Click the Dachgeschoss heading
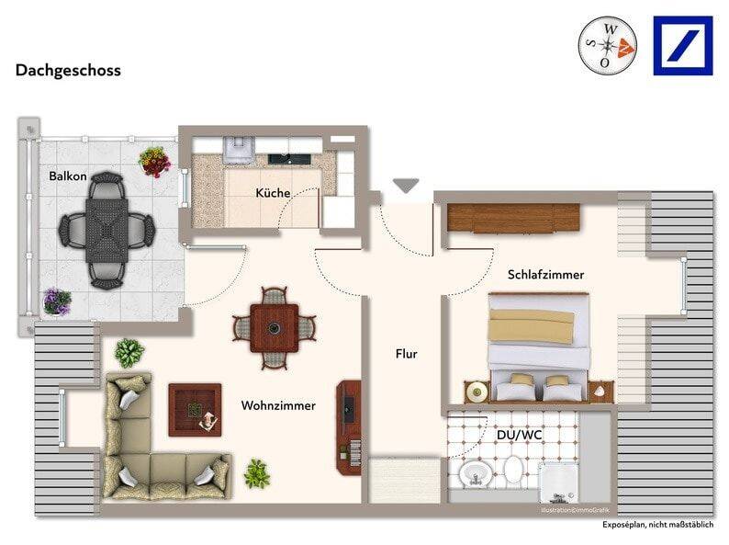68,70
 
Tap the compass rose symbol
607,46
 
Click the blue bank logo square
682,46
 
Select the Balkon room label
68,176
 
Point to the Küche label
273,193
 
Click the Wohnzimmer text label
278,405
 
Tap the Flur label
407,354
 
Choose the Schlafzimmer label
545,275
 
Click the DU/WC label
520,435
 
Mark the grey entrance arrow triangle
406,185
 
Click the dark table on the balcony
107,231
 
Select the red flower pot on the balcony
155,162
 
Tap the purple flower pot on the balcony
57,301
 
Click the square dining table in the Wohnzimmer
275,328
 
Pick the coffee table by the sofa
195,410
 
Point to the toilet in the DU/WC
514,469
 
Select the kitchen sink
289,159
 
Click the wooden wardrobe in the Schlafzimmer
514,217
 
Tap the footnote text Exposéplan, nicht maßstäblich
658,525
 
